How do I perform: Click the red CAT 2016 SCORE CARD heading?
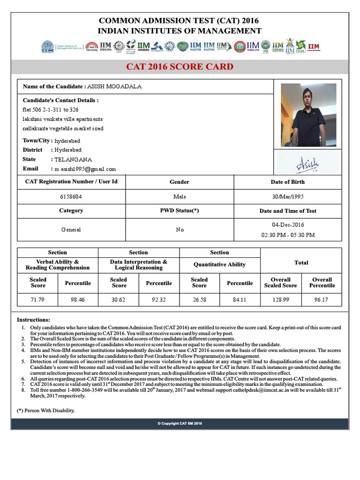coord(180,66)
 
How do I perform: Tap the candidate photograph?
coord(308,115)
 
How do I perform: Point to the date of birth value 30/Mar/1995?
coord(287,197)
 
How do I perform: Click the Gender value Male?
coord(180,197)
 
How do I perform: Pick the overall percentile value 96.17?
coord(322,300)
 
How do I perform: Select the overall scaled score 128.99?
coord(280,300)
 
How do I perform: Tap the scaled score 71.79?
coord(37,300)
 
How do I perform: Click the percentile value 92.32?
coord(159,300)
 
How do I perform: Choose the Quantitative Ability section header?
coord(219,264)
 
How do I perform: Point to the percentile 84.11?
coord(240,300)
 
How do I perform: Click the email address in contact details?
coord(85,169)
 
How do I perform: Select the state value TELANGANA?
coord(73,159)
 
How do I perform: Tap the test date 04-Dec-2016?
coord(287,225)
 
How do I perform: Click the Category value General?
coord(71,230)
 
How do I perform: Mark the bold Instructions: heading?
coord(33,319)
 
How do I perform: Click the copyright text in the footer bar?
coord(180,423)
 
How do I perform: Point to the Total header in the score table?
coord(301,262)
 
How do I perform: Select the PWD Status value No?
coord(180,230)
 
